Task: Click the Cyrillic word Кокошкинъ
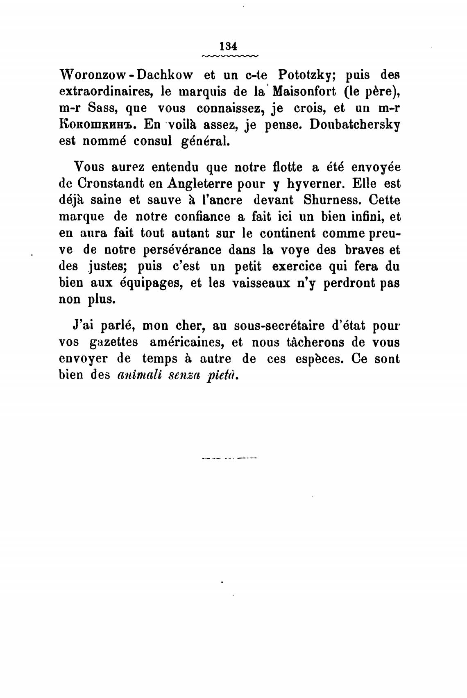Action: click(x=95, y=125)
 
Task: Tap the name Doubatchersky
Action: click(x=355, y=125)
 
